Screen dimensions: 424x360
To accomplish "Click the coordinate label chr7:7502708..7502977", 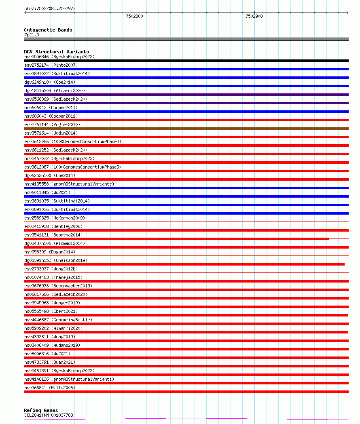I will click(50, 8).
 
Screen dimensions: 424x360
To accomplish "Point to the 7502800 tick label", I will click(134, 17).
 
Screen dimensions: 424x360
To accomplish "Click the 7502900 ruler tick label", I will click(254, 17).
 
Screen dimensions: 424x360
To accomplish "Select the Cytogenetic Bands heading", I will click(48, 30).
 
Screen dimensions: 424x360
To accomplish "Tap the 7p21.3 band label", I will click(32, 35).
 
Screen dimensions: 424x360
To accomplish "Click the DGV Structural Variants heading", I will click(57, 52).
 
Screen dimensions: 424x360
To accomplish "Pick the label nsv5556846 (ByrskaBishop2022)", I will click(59, 57).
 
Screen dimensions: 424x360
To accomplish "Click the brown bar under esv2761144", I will click(186, 129).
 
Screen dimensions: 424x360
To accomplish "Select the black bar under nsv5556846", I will click(186, 61).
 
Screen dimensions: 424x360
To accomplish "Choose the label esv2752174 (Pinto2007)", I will click(51, 65).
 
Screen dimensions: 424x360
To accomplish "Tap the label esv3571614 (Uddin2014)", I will click(51, 133).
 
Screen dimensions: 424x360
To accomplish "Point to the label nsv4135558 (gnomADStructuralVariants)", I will click(69, 184).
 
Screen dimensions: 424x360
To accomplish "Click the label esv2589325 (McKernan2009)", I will click(55, 218).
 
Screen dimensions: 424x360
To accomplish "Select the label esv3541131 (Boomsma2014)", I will click(53, 235).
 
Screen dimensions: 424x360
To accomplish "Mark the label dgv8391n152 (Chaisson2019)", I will click(56, 260).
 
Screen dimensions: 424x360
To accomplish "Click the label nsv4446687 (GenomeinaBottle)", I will click(58, 320).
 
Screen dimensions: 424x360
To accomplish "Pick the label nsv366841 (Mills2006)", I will click(50, 388).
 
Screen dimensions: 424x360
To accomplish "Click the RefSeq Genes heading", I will click(41, 410).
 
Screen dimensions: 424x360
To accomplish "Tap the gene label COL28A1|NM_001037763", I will click(49, 415).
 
